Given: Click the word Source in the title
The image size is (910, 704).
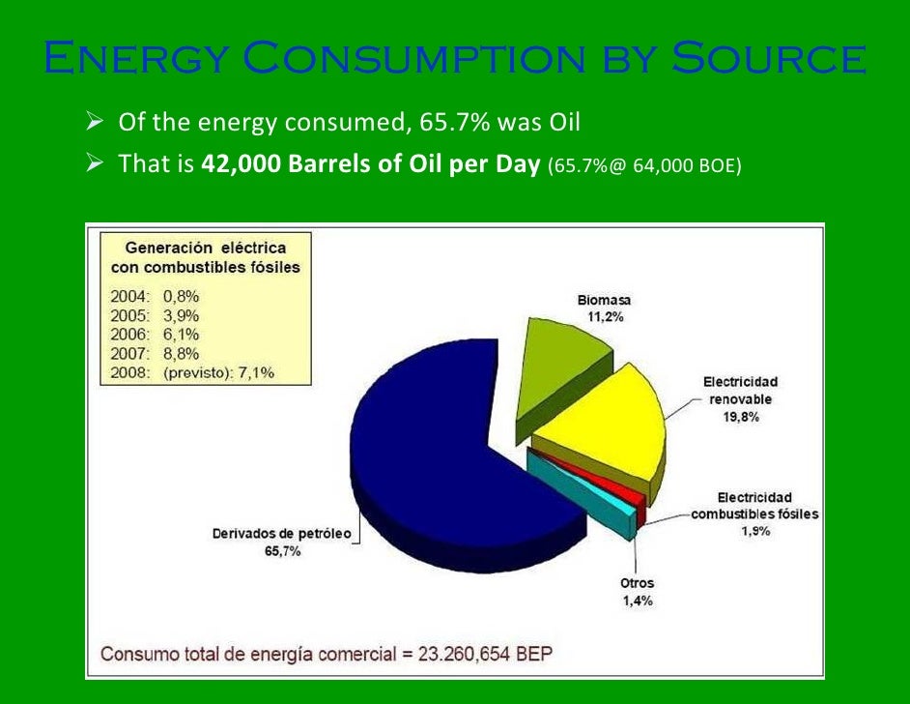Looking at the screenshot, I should point(769,59).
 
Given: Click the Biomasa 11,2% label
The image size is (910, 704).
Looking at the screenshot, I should point(604,308).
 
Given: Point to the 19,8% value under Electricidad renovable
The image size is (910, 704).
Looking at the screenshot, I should point(740,418).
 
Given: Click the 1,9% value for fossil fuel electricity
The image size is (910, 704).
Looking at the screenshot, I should point(754,531).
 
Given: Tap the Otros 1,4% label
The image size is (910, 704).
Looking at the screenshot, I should point(637,592).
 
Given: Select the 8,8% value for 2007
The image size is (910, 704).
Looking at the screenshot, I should point(183,354).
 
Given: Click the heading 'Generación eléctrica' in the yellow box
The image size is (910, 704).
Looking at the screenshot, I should point(206,248).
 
